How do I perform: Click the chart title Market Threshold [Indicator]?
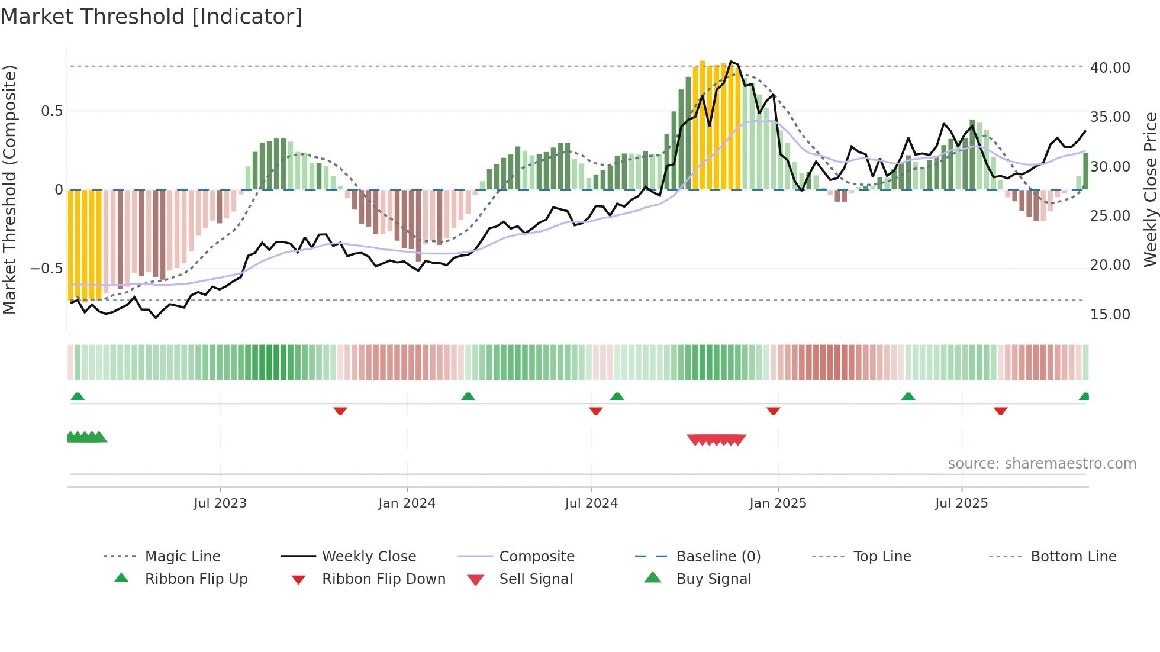[x=152, y=17]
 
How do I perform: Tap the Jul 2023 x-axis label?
[x=220, y=503]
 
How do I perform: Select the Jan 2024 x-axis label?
[x=407, y=503]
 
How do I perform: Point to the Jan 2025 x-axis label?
[x=778, y=503]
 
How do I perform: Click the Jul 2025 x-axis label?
[x=962, y=503]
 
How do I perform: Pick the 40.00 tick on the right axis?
[x=1110, y=68]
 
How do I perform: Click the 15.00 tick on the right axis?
[x=1110, y=315]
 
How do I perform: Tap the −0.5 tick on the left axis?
[x=47, y=269]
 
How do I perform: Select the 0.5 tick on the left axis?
[x=51, y=111]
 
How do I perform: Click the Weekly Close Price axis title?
[x=1150, y=189]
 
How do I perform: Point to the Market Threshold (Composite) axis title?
[x=9, y=189]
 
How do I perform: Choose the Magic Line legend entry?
[x=182, y=557]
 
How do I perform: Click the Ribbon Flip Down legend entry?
[x=384, y=579]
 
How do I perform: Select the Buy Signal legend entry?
[x=713, y=579]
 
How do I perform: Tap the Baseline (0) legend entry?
[x=718, y=557]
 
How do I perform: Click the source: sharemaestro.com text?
[x=1042, y=464]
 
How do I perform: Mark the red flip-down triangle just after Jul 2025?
[x=1000, y=411]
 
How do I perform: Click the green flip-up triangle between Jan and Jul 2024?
[x=468, y=396]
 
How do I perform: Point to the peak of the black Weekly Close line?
[x=732, y=62]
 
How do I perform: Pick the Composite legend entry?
[x=536, y=557]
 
